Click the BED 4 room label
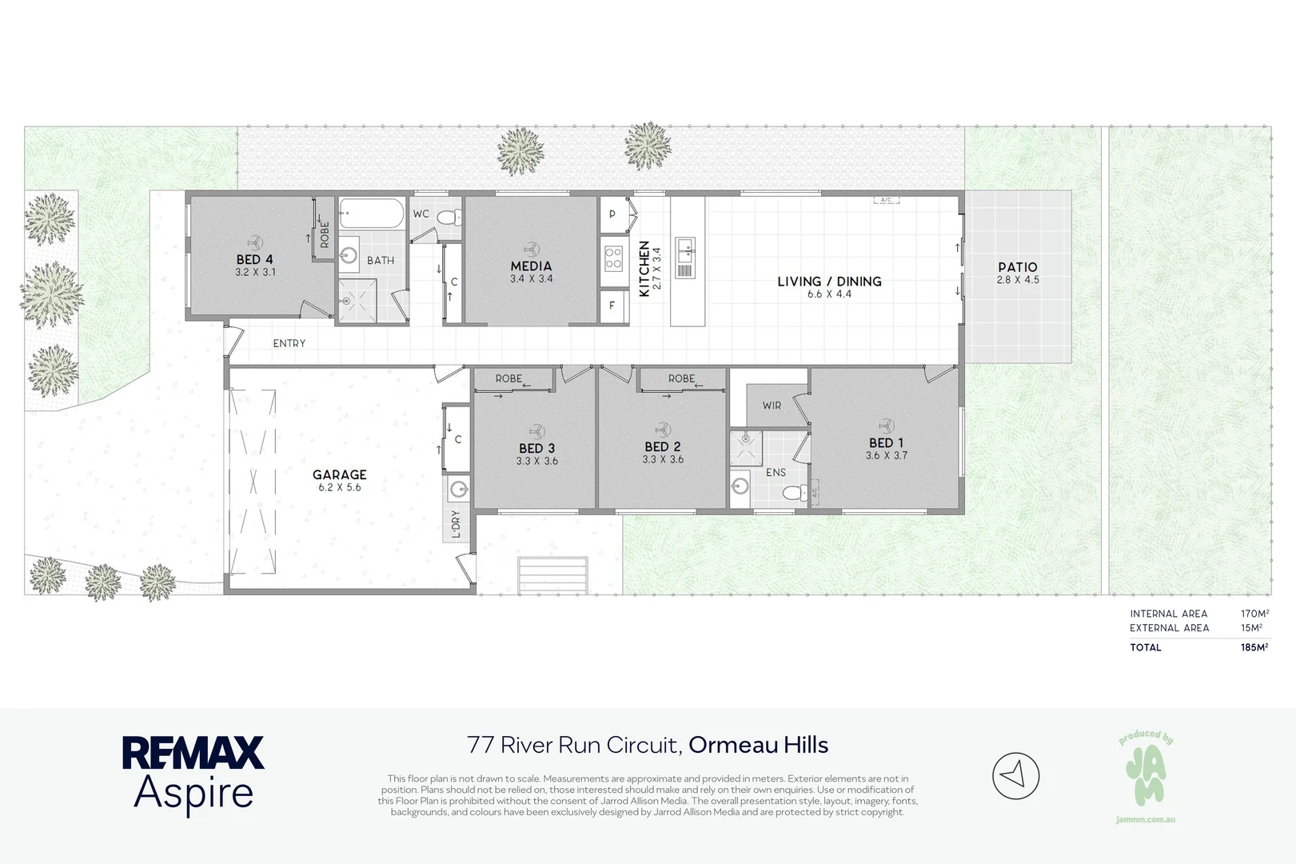(254, 259)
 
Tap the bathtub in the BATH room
(372, 214)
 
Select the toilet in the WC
(449, 217)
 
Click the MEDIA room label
(531, 266)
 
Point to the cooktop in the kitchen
(614, 258)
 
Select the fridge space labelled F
(613, 305)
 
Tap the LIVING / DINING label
(830, 282)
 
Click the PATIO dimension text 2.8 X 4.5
(1018, 280)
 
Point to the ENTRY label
(289, 343)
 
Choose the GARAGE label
(340, 474)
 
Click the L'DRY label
(456, 523)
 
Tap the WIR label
(772, 406)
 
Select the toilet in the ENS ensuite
(796, 493)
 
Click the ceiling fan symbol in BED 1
(886, 426)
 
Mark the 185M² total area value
(1254, 647)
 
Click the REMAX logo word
(193, 752)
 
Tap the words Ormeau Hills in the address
(759, 745)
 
